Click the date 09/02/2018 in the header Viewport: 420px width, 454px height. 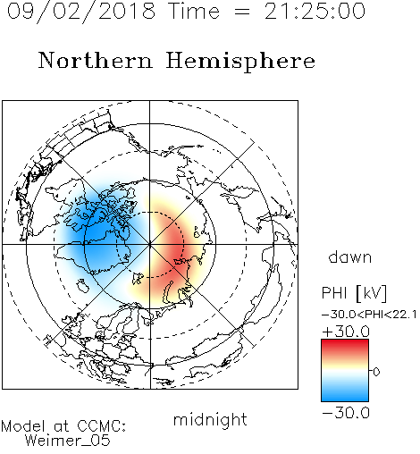[81, 12]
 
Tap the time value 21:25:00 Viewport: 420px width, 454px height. [315, 12]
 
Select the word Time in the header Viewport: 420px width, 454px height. [194, 12]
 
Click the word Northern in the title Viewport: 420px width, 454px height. [96, 60]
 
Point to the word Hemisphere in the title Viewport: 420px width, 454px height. [240, 61]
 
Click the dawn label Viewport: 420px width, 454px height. [350, 257]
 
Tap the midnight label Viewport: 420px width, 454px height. [210, 420]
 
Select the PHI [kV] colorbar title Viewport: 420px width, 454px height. [354, 293]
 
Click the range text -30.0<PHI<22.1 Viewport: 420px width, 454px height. [369, 315]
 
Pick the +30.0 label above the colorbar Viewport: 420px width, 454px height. [346, 332]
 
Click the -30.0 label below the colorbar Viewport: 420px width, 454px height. [346, 413]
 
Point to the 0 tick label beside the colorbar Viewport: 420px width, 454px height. [376, 372]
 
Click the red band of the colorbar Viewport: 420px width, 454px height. [345, 346]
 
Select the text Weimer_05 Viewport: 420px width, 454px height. [68, 441]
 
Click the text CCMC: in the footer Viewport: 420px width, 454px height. [102, 426]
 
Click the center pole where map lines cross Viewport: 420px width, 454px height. [150, 244]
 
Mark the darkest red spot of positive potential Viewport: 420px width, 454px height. [178, 249]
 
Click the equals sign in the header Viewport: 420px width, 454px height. [242, 12]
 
